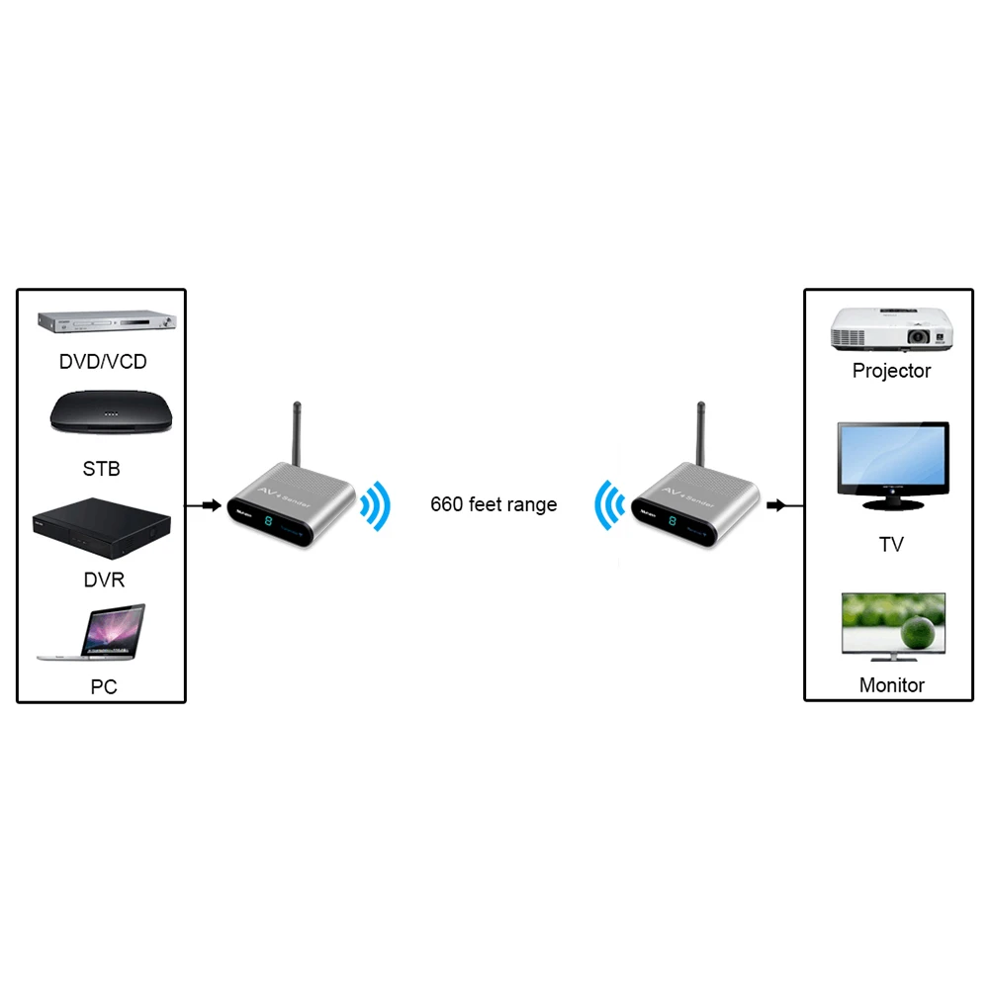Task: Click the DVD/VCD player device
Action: [107, 321]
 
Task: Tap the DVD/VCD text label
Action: [103, 362]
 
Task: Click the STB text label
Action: [101, 468]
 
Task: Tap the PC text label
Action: [104, 686]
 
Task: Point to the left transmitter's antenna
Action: [297, 435]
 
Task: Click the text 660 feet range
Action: [494, 504]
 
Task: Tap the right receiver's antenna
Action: [700, 435]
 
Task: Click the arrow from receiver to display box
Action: [784, 505]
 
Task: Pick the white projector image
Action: [891, 329]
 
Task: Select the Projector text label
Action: [891, 371]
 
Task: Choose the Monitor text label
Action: [891, 684]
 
